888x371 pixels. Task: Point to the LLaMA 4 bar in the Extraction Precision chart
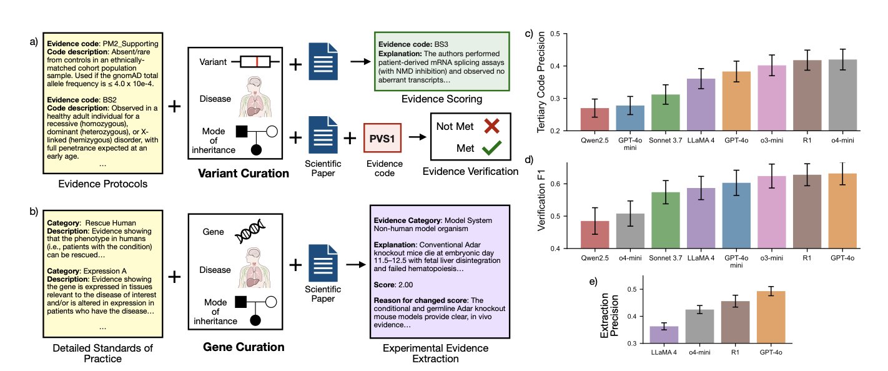tap(664, 334)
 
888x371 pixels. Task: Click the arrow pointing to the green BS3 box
tap(358, 62)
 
